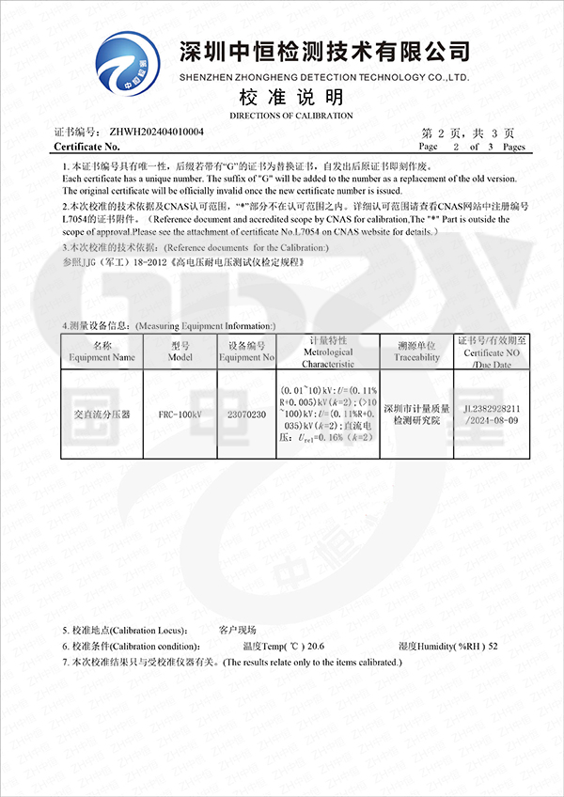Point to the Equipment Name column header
click(102, 352)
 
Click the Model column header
click(180, 352)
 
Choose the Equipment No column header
click(247, 352)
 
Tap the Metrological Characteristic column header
click(328, 352)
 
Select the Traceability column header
click(417, 352)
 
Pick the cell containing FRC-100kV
click(180, 414)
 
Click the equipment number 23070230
click(247, 414)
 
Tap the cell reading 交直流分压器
click(102, 414)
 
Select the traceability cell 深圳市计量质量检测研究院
click(417, 414)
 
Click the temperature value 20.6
click(317, 647)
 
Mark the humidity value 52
click(493, 647)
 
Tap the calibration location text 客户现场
click(237, 630)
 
